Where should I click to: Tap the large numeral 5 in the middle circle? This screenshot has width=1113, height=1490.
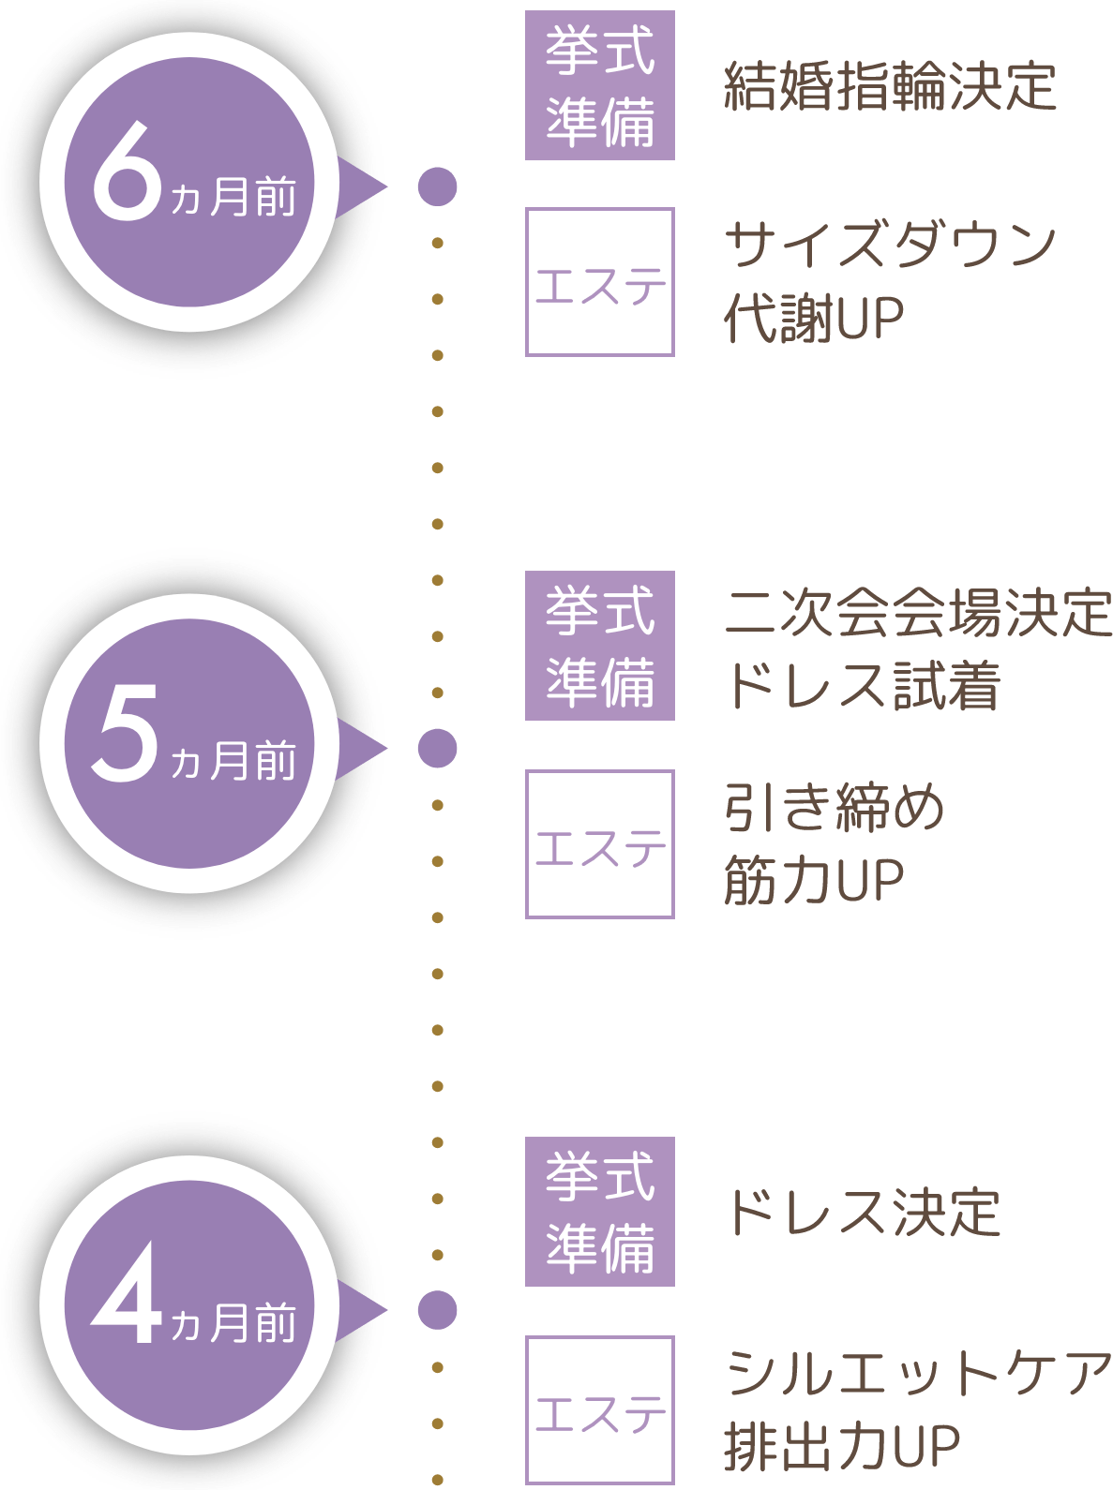(x=125, y=736)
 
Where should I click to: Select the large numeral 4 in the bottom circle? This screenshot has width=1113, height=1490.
(x=127, y=1298)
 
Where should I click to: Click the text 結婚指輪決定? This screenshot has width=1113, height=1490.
(x=890, y=86)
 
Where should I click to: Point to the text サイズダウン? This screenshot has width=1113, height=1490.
(x=890, y=246)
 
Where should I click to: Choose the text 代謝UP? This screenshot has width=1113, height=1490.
(x=814, y=320)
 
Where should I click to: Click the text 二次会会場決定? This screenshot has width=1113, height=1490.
(x=918, y=613)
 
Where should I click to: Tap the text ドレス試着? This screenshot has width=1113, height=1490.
(x=862, y=685)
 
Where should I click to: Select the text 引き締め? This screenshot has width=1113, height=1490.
(x=834, y=808)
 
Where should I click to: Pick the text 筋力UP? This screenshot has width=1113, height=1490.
(x=814, y=880)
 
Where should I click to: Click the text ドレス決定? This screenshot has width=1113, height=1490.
(x=862, y=1212)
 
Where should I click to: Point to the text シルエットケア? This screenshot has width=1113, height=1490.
(x=918, y=1373)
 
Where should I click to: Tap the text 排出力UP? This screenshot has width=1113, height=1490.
(x=842, y=1446)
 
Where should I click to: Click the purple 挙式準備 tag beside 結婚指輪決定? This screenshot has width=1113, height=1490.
(x=600, y=86)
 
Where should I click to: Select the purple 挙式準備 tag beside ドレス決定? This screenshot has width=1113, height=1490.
(x=600, y=1212)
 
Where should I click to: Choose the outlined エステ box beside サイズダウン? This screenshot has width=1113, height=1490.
(x=600, y=282)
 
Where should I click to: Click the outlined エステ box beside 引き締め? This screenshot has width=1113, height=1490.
(x=600, y=844)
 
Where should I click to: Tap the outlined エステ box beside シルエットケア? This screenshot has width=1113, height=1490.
(x=600, y=1409)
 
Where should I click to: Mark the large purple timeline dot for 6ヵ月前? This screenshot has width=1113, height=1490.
(x=437, y=186)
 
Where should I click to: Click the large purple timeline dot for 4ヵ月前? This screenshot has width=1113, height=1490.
(x=437, y=1310)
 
